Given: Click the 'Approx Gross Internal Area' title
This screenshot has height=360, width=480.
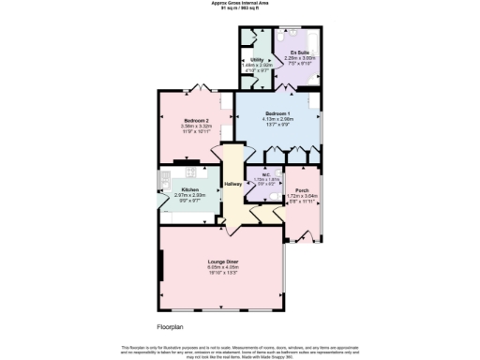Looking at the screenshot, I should tap(240, 4).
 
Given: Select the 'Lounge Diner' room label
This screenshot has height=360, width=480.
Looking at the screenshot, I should tap(222, 261).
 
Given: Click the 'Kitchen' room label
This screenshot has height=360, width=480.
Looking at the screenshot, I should tap(191, 189).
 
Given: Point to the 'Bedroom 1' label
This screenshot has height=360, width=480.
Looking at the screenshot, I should tap(277, 112).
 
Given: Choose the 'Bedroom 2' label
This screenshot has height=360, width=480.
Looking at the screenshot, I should tap(196, 121).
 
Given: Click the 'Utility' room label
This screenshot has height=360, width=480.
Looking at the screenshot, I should tap(256, 58).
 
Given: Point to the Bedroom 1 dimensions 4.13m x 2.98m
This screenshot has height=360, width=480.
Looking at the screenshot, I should tap(277, 119).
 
